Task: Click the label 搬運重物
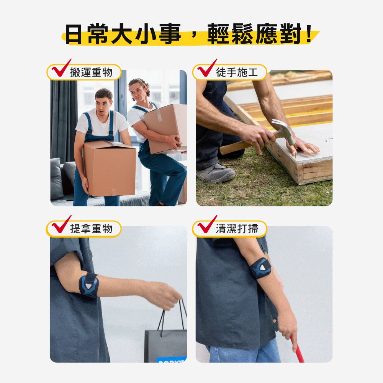(x=91, y=72)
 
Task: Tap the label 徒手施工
(x=237, y=72)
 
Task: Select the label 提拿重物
(x=91, y=229)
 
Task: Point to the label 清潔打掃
(x=237, y=229)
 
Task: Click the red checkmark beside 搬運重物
(x=61, y=69)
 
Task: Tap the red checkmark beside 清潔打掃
(x=207, y=225)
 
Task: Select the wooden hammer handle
(x=247, y=144)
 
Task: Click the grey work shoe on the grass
(x=215, y=173)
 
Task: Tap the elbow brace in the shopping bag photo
(x=89, y=285)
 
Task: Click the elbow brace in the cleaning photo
(x=260, y=268)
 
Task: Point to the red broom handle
(x=297, y=349)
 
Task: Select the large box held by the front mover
(x=110, y=168)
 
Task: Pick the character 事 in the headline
(x=170, y=34)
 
